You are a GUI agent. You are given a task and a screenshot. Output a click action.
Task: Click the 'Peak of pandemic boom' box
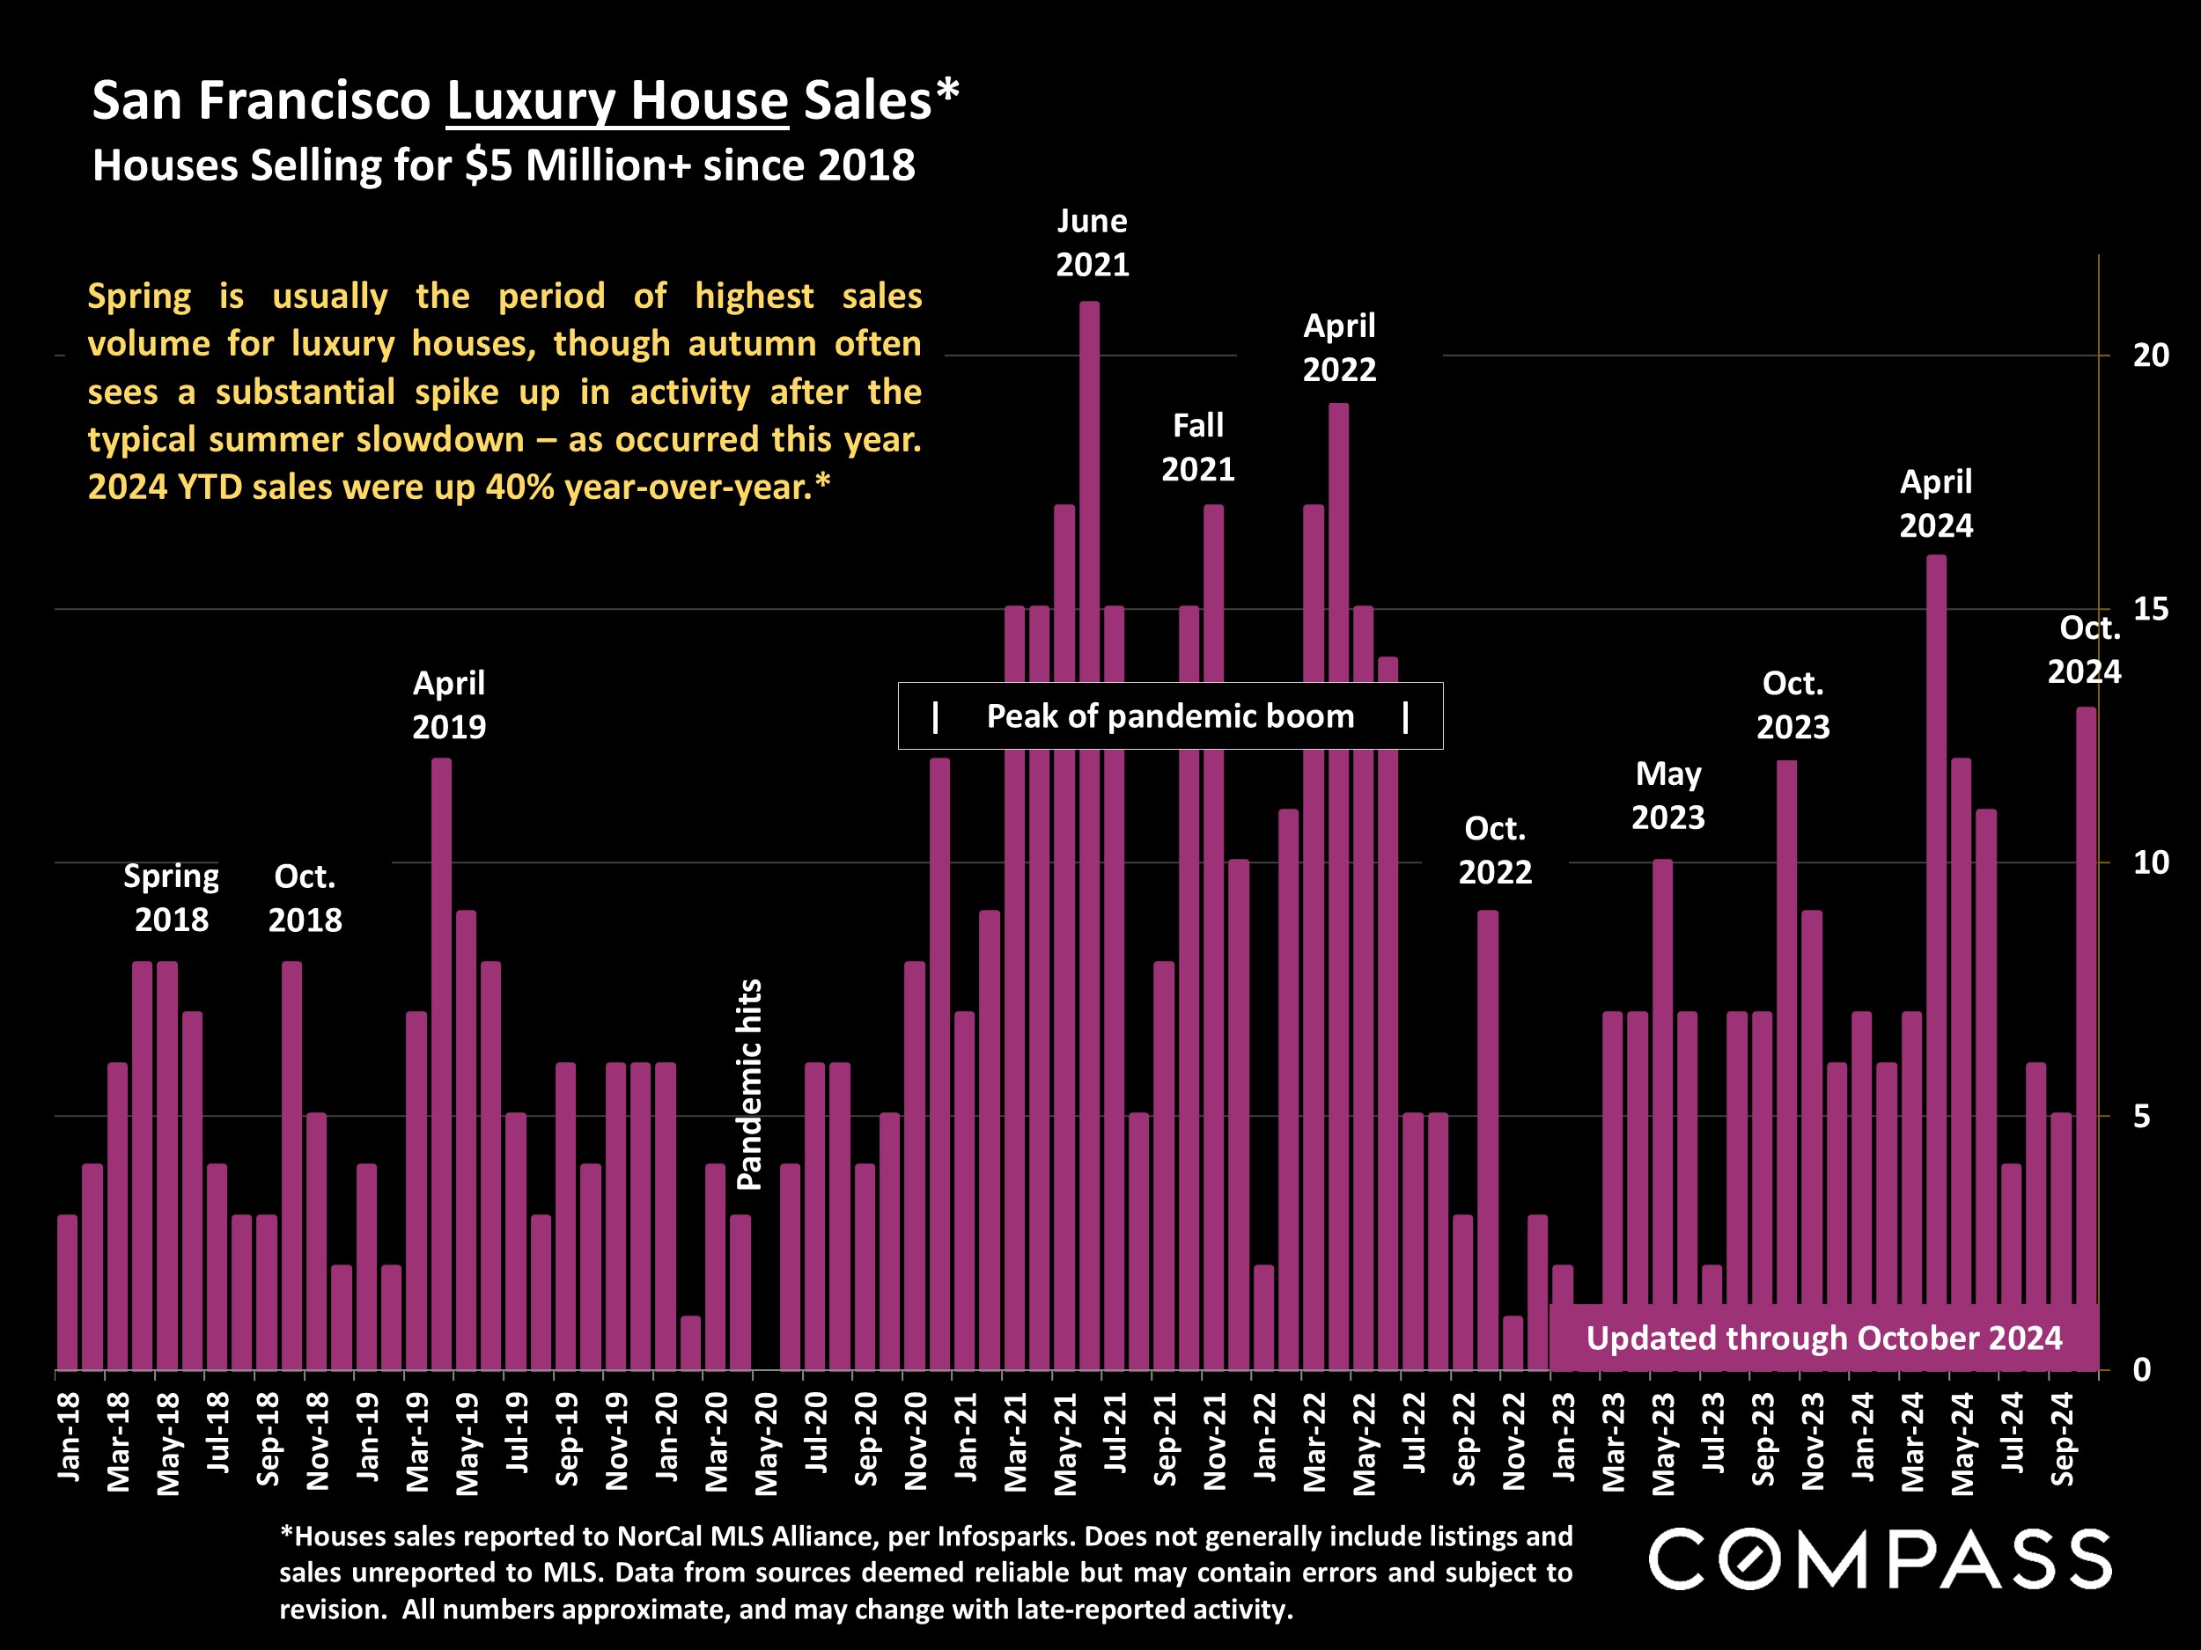(1170, 716)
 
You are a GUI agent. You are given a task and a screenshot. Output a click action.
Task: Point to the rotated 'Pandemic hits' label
(749, 1084)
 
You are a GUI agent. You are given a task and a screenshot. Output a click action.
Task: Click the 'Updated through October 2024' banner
(1823, 1338)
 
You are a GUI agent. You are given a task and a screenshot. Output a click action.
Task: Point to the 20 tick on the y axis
(2150, 355)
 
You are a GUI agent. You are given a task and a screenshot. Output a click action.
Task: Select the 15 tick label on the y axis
(2150, 609)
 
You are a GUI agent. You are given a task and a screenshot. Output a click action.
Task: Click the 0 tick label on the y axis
(2142, 1369)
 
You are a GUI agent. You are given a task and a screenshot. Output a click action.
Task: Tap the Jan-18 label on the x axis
(69, 1437)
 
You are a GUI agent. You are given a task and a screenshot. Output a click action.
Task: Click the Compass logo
(1880, 1558)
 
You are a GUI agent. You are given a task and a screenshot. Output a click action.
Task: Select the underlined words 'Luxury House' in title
(617, 100)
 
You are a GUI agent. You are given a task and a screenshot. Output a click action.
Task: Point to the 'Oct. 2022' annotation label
(1495, 850)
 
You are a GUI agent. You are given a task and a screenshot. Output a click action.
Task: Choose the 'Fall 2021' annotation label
(1198, 448)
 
